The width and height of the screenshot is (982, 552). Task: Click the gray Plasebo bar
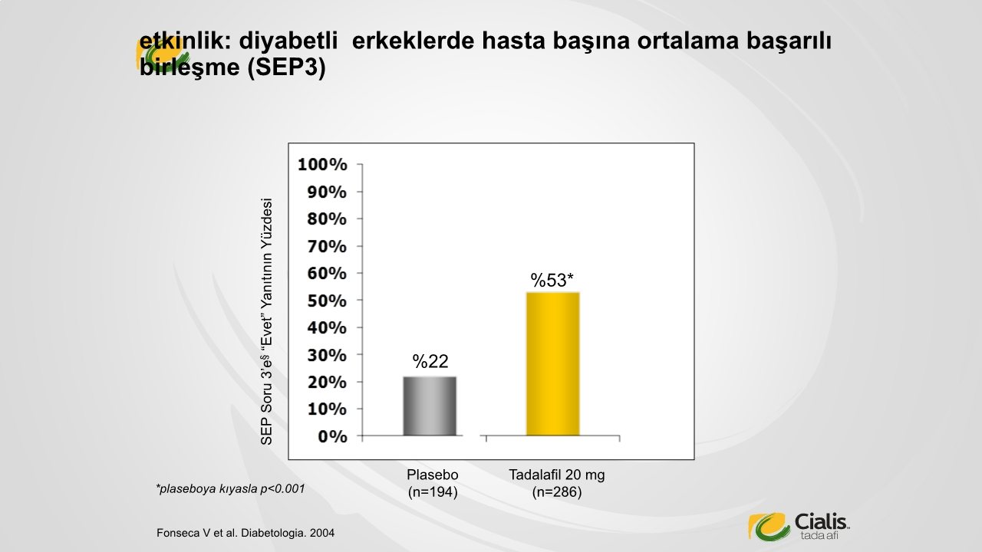tap(430, 406)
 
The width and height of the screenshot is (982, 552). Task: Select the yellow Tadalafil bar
tap(553, 364)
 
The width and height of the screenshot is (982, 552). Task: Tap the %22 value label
tap(430, 361)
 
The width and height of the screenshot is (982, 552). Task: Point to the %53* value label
tap(552, 281)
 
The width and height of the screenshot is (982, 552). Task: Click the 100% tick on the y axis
tap(322, 165)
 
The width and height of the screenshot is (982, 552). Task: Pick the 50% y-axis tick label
tap(327, 301)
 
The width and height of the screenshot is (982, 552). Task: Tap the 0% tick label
tap(332, 437)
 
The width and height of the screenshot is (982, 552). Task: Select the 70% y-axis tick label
tap(327, 247)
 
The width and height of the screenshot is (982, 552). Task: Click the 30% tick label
tap(327, 355)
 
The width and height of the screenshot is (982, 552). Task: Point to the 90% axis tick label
tap(327, 192)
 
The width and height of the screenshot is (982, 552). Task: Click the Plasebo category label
tap(433, 475)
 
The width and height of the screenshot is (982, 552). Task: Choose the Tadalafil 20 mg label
tap(557, 475)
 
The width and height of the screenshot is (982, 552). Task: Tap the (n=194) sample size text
tap(433, 492)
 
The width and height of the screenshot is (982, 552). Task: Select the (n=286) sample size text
tap(557, 492)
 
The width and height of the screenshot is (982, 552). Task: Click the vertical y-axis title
tap(266, 321)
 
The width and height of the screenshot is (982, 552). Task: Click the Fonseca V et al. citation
tap(245, 533)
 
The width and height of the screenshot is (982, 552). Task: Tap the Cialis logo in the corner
tap(799, 526)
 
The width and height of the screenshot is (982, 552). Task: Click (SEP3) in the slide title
tap(287, 67)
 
